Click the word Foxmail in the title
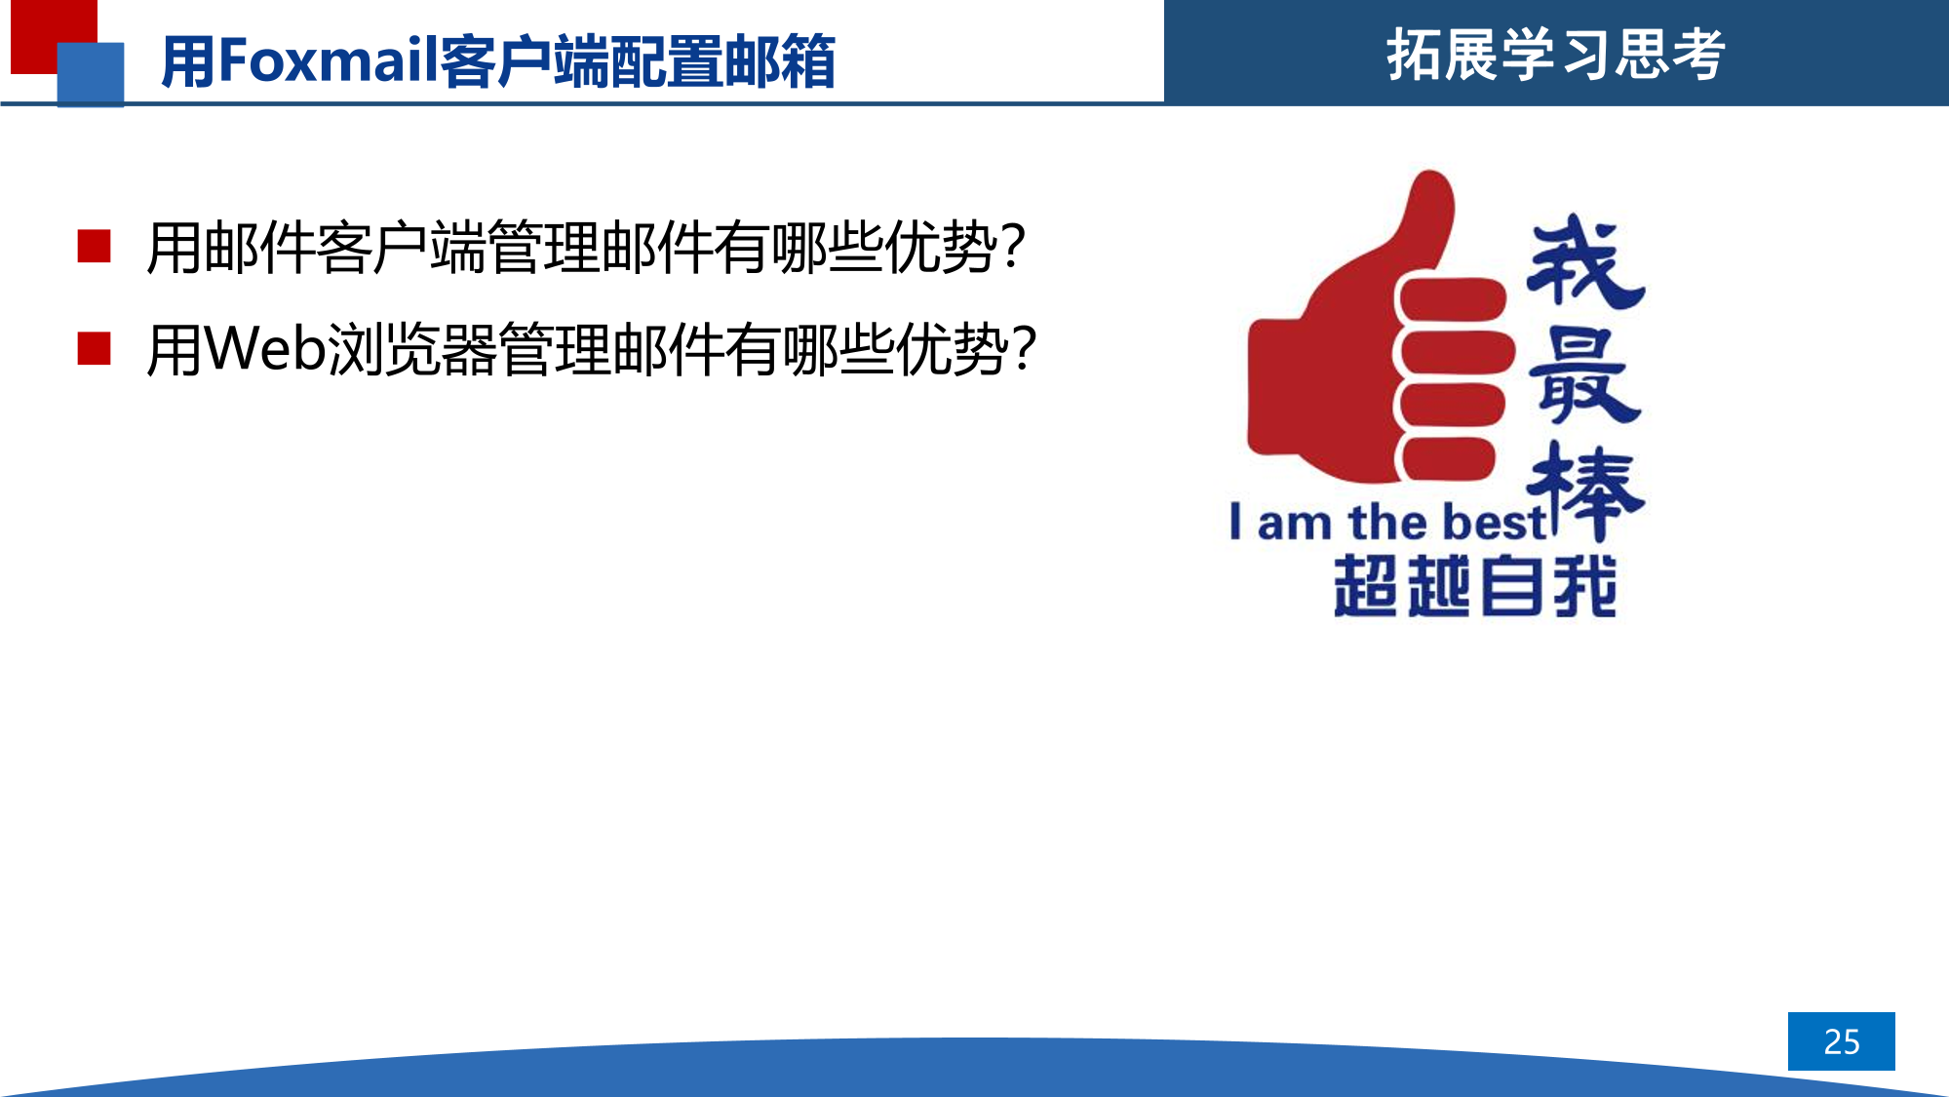tap(329, 59)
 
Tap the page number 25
tap(1841, 1041)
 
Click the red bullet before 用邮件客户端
tap(94, 247)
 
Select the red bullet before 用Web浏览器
tap(94, 348)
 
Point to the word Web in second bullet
tap(264, 348)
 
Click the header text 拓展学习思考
tap(1556, 55)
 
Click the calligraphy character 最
tap(1585, 375)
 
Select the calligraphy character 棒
tap(1586, 490)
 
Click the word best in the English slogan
tap(1494, 522)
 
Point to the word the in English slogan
tap(1388, 522)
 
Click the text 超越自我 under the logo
tap(1475, 586)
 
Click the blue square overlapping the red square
tap(91, 74)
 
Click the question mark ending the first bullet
tap(1013, 246)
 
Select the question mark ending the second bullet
tap(1024, 348)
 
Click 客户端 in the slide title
tap(525, 61)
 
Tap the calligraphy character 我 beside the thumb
tap(1586, 261)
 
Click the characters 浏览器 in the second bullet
tap(411, 348)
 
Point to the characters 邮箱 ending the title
tap(779, 61)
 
